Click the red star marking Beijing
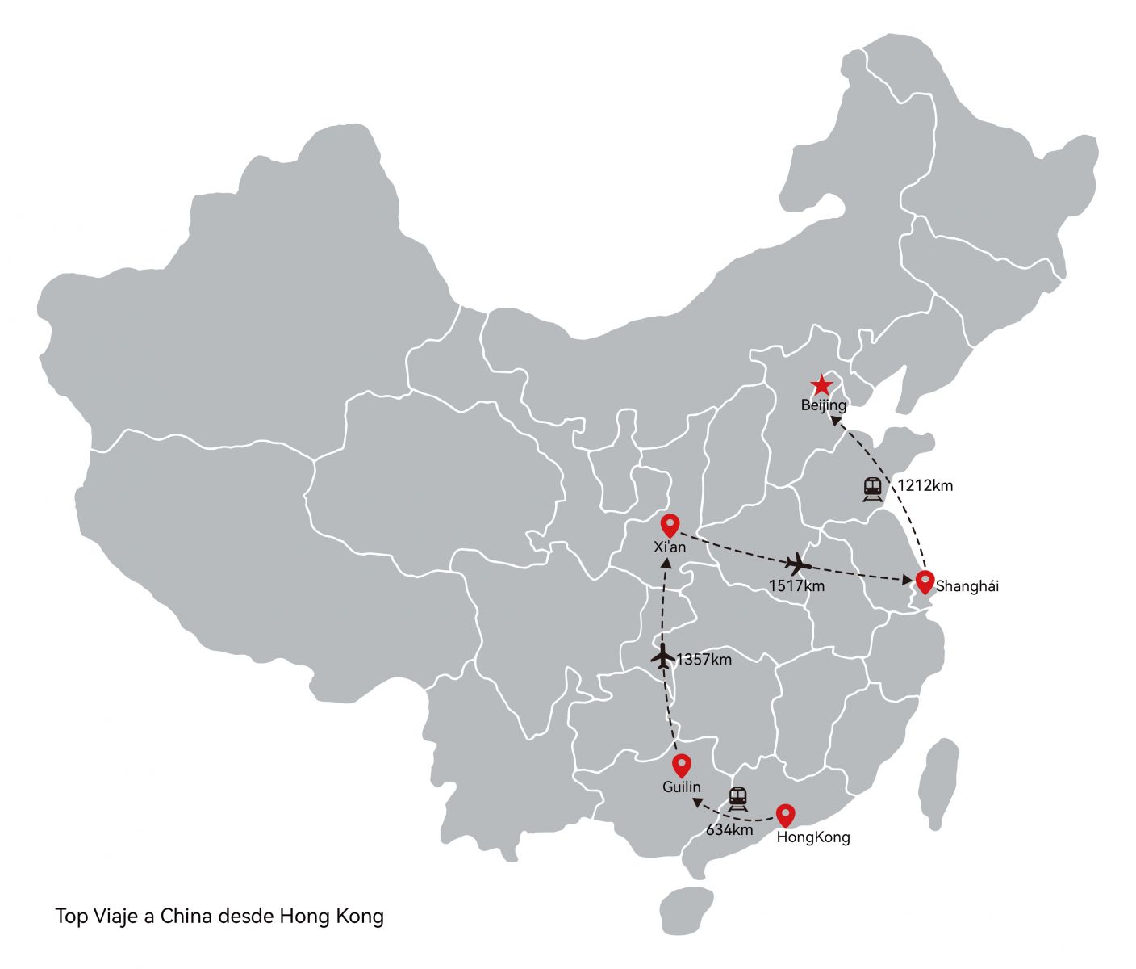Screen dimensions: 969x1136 click(821, 385)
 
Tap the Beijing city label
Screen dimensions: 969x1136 click(823, 405)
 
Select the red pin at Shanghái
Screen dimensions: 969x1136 click(925, 581)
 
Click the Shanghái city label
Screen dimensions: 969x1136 click(967, 587)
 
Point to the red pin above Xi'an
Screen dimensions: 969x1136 click(670, 525)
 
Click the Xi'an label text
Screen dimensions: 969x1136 click(670, 547)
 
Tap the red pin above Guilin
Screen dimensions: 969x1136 click(682, 764)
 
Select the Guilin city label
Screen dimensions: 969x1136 click(682, 787)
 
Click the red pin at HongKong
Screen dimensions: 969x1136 click(785, 815)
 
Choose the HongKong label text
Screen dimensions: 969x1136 click(813, 837)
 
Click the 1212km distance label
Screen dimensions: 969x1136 click(925, 485)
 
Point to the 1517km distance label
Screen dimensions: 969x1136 click(796, 586)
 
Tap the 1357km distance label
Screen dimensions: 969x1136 click(704, 660)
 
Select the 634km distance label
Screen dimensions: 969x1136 click(729, 829)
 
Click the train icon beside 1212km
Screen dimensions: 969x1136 click(872, 489)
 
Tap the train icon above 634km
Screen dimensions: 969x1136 click(737, 799)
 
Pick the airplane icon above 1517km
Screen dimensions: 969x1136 click(798, 563)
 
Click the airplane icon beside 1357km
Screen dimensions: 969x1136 click(662, 657)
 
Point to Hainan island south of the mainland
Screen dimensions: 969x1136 click(685, 910)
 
